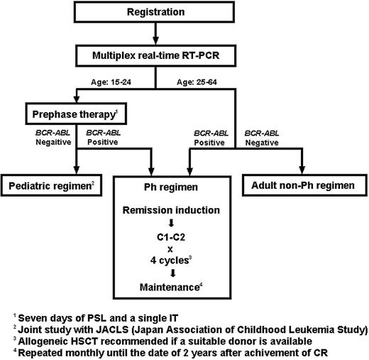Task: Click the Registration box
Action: tap(184, 13)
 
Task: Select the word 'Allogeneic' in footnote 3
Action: tap(43, 336)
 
